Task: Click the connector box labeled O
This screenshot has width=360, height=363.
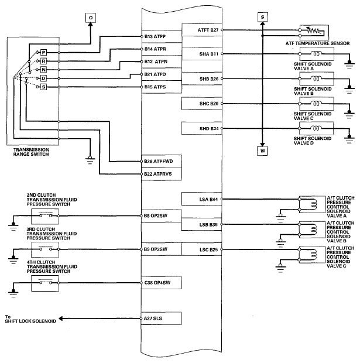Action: click(91, 18)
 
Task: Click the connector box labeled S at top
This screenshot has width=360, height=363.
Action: click(262, 17)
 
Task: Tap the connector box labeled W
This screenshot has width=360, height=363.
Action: click(262, 150)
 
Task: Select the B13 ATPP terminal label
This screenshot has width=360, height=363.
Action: click(155, 36)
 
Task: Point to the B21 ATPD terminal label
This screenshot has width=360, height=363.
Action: click(155, 74)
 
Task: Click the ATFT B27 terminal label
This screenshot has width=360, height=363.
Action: click(208, 30)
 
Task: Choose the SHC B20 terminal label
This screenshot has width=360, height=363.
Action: click(209, 104)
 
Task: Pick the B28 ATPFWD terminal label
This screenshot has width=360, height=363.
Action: click(159, 161)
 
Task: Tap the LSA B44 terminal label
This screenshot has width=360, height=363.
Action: click(208, 199)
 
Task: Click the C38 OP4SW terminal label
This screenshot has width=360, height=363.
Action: click(157, 282)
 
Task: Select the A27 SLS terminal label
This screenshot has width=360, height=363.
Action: click(153, 319)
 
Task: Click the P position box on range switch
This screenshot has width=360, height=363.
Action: click(43, 53)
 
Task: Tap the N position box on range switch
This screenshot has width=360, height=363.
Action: click(43, 70)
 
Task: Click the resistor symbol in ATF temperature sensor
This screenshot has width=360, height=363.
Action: click(313, 30)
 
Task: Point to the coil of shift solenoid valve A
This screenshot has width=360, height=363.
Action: click(316, 54)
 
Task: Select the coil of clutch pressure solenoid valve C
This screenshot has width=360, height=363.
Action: click(314, 255)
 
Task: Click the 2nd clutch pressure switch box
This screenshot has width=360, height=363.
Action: click(45, 216)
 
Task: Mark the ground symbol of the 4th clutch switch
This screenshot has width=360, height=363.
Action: click(13, 293)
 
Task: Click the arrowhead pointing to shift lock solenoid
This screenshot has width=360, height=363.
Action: click(61, 319)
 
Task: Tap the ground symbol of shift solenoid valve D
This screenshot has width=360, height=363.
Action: click(349, 139)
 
